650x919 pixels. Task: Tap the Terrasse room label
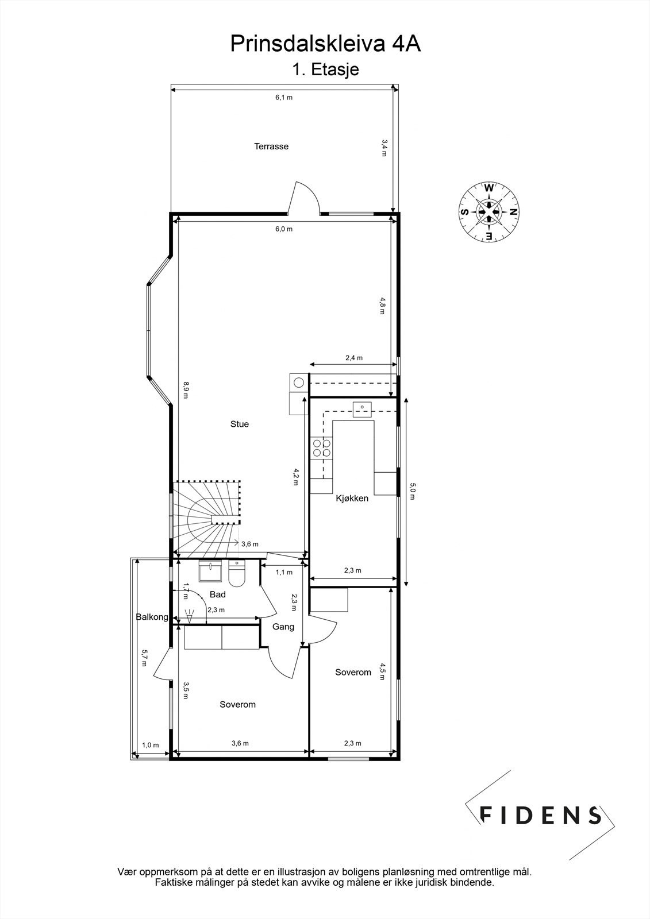[271, 146]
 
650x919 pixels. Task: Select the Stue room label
[240, 424]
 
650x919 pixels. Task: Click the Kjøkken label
[352, 499]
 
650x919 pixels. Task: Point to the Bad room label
[217, 595]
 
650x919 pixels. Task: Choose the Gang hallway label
[283, 627]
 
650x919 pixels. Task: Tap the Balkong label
[152, 617]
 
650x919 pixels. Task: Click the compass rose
[489, 211]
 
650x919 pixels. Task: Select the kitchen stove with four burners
[321, 447]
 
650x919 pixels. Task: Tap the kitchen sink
[363, 407]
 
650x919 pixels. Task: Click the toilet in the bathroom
[236, 572]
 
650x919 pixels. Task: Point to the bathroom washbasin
[211, 572]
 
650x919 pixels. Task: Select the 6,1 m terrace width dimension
[283, 98]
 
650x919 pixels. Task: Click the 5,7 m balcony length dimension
[145, 658]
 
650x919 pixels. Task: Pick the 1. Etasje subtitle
[325, 70]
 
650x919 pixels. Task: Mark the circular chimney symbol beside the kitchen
[299, 382]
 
